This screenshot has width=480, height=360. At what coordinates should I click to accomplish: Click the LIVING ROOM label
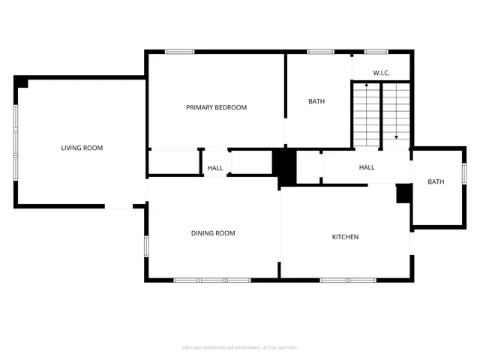point(82,148)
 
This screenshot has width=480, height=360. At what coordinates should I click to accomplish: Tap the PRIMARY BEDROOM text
point(216,107)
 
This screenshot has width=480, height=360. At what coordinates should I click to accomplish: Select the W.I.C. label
point(381,73)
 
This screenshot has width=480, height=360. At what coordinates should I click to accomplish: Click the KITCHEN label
point(345,237)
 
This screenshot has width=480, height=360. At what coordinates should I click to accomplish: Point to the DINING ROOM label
point(213,233)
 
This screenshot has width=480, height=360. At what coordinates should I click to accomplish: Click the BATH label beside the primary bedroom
point(316,101)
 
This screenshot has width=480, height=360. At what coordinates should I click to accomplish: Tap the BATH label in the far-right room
point(436,181)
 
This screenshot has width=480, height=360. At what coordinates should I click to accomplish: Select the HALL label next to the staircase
point(366,167)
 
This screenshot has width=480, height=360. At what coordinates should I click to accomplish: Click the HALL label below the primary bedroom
point(215,168)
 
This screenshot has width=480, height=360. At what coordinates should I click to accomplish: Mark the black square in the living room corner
point(22,82)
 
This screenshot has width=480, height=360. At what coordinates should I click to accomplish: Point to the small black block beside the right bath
point(403,193)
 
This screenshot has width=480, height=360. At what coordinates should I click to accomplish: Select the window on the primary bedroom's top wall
point(180,52)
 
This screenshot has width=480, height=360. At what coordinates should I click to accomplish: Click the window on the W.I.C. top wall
point(376,52)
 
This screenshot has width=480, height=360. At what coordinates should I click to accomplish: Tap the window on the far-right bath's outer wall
point(464,173)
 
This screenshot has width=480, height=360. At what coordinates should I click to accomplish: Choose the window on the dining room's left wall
point(147,245)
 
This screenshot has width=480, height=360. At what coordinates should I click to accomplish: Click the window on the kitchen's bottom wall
point(347,280)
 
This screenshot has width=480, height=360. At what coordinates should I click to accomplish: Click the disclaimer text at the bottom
point(240,347)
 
